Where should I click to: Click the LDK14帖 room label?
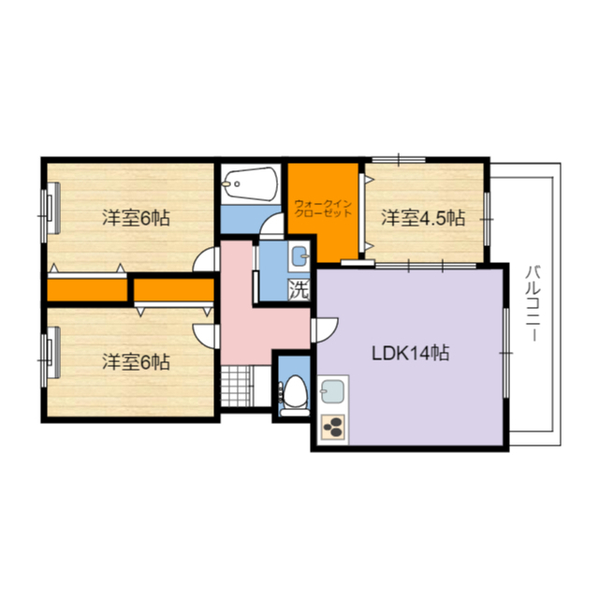pyautogui.click(x=410, y=353)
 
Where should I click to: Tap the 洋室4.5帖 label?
pyautogui.click(x=423, y=218)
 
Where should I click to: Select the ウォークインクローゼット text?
pyautogui.click(x=323, y=208)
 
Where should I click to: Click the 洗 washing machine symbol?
pyautogui.click(x=299, y=290)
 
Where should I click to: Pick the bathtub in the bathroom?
pyautogui.click(x=250, y=183)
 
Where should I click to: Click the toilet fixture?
pyautogui.click(x=294, y=394)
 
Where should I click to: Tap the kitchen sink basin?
pyautogui.click(x=332, y=391)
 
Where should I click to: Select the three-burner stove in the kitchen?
pyautogui.click(x=333, y=427)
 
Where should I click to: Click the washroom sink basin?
pyautogui.click(x=299, y=256)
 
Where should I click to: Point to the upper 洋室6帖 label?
pyautogui.click(x=136, y=218)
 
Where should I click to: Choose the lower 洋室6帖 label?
pyautogui.click(x=136, y=362)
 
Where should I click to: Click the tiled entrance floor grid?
pyautogui.click(x=235, y=387)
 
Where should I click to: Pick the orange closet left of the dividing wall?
pyautogui.click(x=87, y=289)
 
